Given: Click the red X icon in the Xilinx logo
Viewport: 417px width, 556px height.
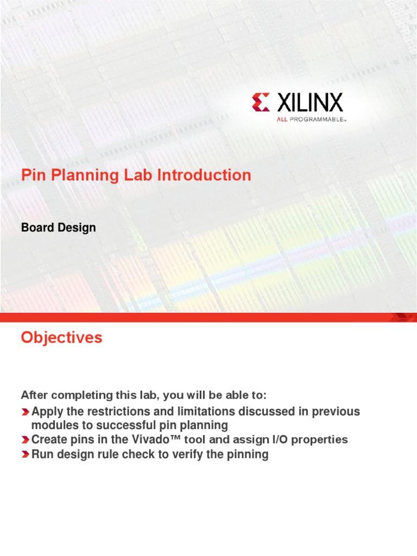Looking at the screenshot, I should [260, 102].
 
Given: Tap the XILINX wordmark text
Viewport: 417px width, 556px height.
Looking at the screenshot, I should [310, 102].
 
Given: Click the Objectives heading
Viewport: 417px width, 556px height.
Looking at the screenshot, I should [61, 338].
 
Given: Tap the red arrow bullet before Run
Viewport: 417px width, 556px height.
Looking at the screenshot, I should [26, 455].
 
